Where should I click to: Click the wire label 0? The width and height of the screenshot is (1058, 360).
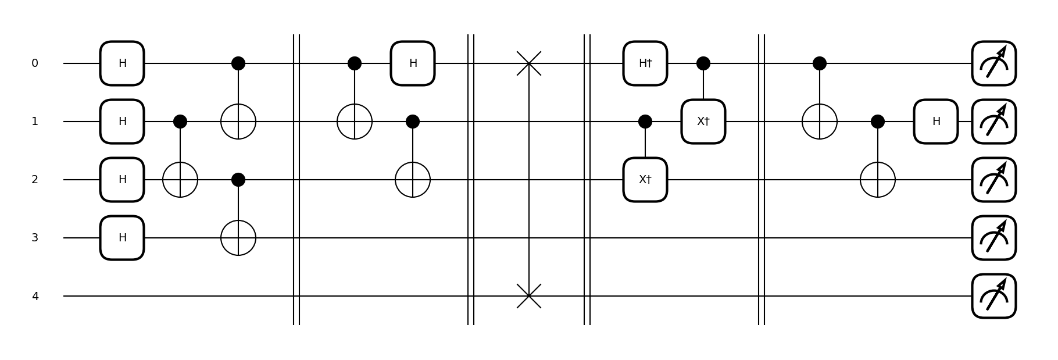coord(35,63)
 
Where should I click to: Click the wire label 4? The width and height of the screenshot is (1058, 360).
coord(35,296)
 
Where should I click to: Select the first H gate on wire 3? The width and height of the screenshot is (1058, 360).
coord(122,238)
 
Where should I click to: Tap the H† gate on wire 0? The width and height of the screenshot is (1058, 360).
coord(645,63)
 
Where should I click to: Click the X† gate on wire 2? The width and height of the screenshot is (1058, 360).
coord(645,180)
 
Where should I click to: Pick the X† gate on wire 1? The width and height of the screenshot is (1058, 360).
coord(703,122)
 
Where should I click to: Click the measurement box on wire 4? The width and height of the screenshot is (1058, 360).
coord(994,296)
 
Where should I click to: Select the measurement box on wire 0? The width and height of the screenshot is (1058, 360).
coord(994,63)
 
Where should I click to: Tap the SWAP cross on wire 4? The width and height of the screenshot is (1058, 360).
coord(529,296)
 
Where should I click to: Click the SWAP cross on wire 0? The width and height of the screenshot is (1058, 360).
coord(529,63)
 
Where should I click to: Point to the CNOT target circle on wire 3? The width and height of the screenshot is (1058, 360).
coord(238,238)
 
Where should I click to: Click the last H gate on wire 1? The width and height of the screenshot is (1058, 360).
coord(936,122)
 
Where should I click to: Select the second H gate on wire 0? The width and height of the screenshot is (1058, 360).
coord(413,63)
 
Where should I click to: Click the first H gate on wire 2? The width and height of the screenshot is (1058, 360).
coord(122,180)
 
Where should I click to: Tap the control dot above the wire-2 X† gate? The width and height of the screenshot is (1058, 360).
coord(645,122)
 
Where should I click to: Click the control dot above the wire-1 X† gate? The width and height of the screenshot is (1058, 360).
coord(703,63)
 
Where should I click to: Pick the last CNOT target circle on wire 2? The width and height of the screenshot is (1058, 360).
coord(878,180)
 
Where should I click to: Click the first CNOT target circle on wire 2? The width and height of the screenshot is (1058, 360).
coord(180,180)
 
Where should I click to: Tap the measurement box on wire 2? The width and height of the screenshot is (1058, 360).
coord(994,180)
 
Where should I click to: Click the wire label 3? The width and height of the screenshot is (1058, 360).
coord(35,238)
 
